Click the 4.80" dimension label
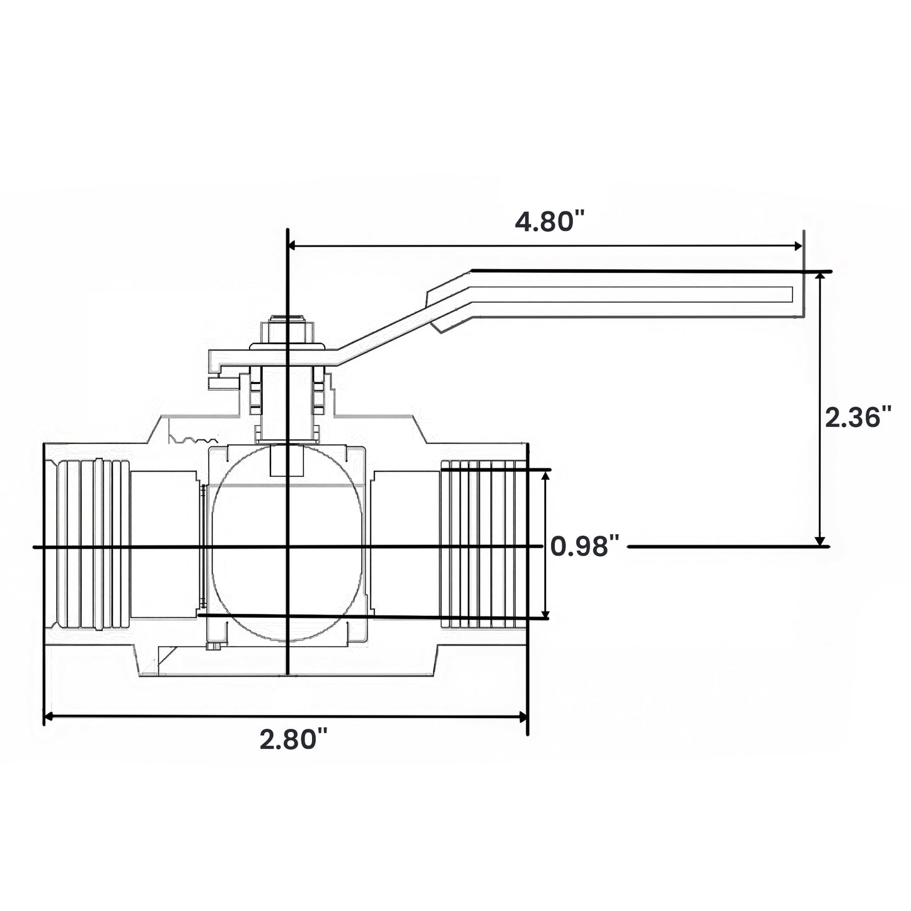point(550,221)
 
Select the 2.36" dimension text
point(858,417)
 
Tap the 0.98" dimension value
point(585,547)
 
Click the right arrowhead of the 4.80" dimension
point(799,246)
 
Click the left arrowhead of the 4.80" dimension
point(292,246)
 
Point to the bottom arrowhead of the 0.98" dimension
point(545,614)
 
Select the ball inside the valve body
point(287,543)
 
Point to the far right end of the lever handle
point(803,294)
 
